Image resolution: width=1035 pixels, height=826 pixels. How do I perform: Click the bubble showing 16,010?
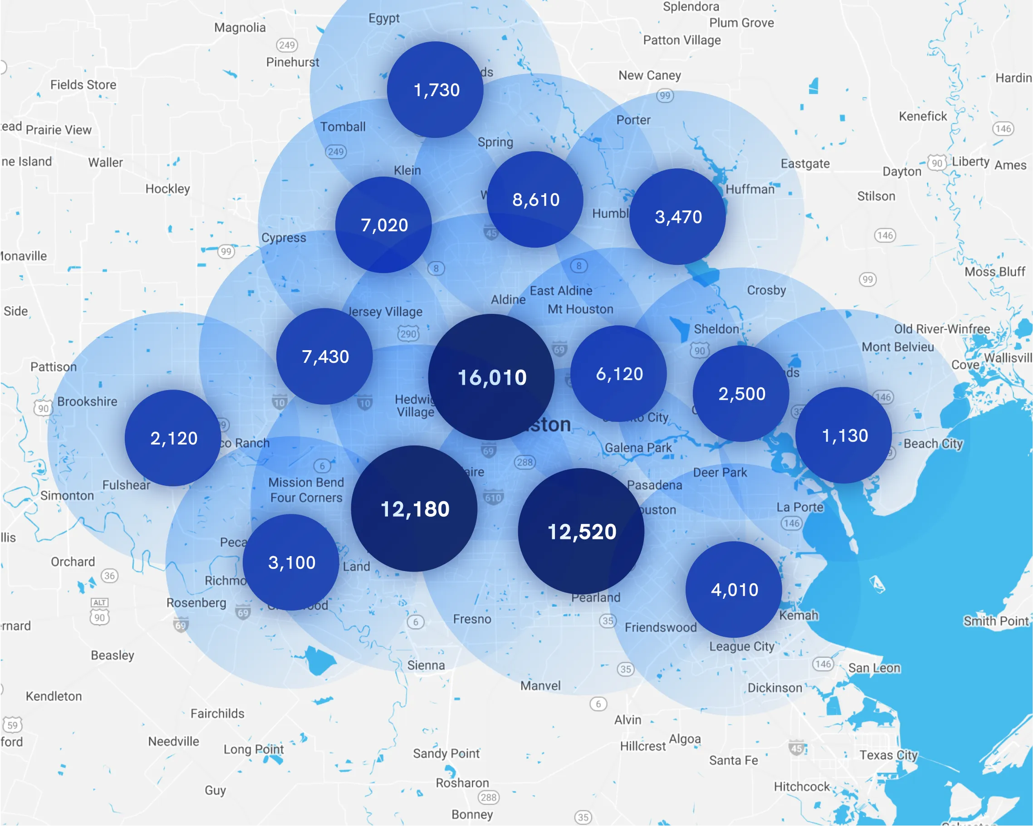pyautogui.click(x=491, y=377)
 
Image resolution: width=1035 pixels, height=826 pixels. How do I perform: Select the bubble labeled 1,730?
pyautogui.click(x=436, y=90)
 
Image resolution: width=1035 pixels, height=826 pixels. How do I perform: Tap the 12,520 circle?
pyautogui.click(x=581, y=531)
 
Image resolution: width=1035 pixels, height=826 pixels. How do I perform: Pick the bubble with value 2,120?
pyautogui.click(x=173, y=438)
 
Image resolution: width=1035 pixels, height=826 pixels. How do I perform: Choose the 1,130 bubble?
pyautogui.click(x=844, y=435)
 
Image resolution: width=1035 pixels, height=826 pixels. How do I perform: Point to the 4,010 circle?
pyautogui.click(x=734, y=589)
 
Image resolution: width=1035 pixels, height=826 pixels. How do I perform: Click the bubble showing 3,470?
pyautogui.click(x=677, y=216)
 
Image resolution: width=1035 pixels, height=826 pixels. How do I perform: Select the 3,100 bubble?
pyautogui.click(x=291, y=562)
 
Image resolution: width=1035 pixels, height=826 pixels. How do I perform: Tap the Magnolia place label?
pyautogui.click(x=240, y=27)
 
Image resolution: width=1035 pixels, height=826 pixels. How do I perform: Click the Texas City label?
pyautogui.click(x=888, y=755)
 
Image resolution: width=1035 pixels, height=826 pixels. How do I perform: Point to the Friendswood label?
pyautogui.click(x=660, y=627)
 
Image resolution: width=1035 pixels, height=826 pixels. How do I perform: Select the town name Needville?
pyautogui.click(x=173, y=742)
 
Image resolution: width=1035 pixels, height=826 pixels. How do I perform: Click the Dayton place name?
pyautogui.click(x=902, y=171)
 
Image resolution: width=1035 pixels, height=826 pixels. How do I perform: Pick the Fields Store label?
pyautogui.click(x=83, y=85)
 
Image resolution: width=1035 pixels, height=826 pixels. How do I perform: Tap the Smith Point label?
pyautogui.click(x=996, y=621)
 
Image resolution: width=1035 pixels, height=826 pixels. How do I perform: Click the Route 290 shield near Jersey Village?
pyautogui.click(x=408, y=333)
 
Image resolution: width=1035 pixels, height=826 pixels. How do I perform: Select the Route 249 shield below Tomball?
pyautogui.click(x=336, y=152)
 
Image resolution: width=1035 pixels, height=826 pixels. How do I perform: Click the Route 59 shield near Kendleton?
pyautogui.click(x=13, y=725)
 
